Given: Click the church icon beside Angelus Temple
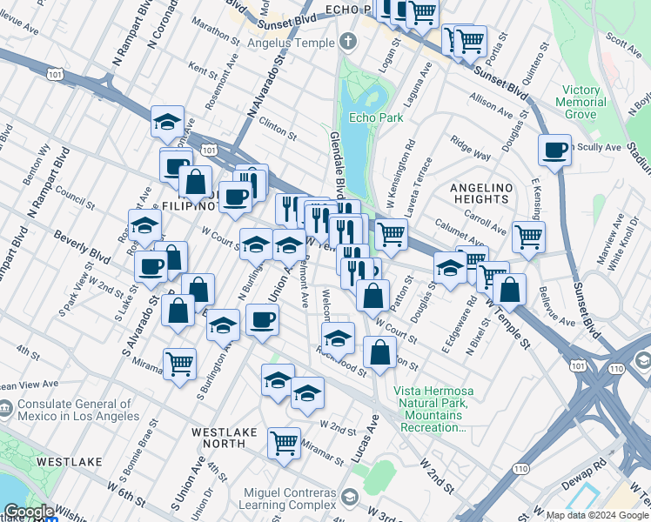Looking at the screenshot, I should [x=348, y=42].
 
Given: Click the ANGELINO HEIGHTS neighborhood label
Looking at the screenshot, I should [x=479, y=193].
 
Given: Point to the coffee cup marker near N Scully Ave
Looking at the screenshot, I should [x=554, y=151].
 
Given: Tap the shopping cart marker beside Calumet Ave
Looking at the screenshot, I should [x=528, y=235].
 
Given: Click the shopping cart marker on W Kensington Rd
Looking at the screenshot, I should [x=391, y=233].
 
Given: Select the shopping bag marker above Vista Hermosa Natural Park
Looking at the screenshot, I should [x=380, y=353].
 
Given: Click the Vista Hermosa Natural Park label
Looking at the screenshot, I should [x=431, y=409].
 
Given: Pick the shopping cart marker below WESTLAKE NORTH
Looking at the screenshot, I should [x=284, y=443].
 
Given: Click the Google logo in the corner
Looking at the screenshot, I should [x=29, y=512].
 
